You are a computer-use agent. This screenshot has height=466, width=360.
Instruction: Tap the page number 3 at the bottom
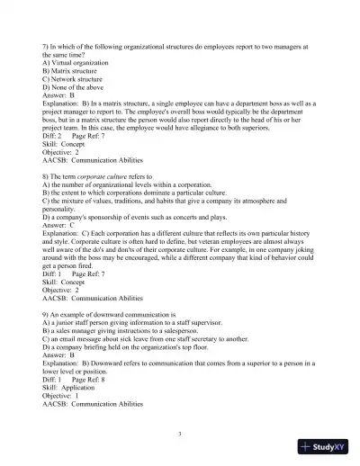click(x=180, y=434)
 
